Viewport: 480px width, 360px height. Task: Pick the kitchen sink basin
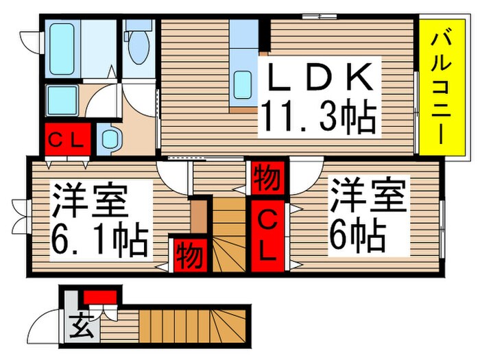(243, 84)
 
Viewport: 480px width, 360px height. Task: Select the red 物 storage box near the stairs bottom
(188, 256)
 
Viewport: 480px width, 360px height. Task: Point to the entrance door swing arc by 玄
(49, 322)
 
